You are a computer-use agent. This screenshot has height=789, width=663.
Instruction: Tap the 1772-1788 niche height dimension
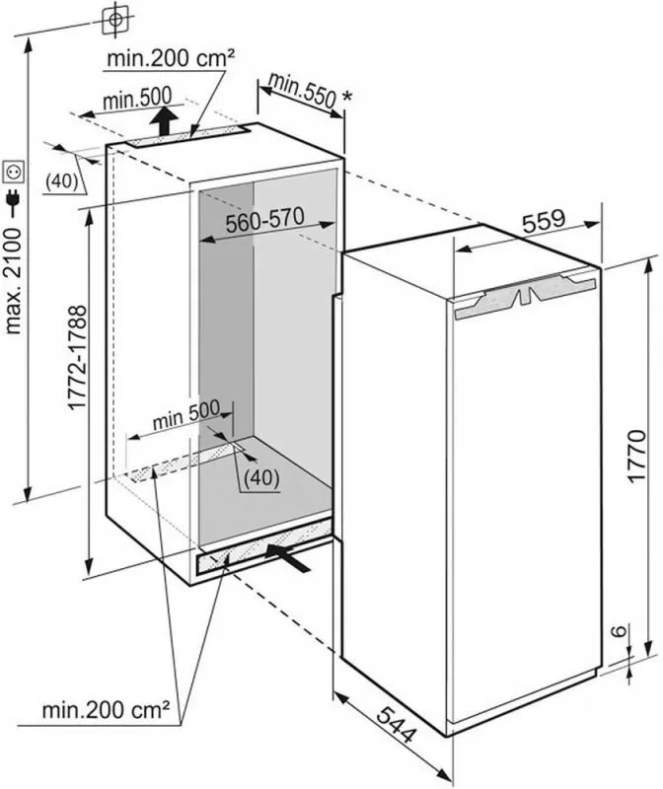(77, 358)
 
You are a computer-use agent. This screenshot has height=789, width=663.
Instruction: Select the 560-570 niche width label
(264, 220)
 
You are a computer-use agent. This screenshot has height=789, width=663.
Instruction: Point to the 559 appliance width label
(544, 221)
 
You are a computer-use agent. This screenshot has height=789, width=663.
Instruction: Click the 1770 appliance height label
(636, 456)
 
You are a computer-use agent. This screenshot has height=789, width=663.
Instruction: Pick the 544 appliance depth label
(398, 724)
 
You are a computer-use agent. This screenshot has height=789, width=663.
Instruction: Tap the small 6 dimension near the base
(620, 630)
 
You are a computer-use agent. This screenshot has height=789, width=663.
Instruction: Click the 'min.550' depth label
(302, 91)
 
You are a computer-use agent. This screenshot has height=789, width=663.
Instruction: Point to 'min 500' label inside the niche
(186, 414)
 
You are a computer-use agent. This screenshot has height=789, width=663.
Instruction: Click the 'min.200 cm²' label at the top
(171, 59)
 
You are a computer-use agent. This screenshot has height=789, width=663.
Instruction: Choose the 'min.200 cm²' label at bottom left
(106, 710)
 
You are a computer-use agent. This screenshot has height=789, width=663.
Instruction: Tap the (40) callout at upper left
(62, 181)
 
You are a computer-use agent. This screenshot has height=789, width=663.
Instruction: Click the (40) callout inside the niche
(260, 478)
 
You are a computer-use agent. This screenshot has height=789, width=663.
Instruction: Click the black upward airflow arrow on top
(163, 119)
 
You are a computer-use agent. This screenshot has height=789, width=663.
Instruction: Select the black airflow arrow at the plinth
(288, 557)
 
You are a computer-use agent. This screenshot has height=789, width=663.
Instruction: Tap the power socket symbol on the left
(14, 173)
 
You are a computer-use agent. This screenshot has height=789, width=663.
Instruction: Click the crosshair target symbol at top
(115, 20)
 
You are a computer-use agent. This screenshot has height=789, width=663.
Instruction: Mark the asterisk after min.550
(347, 96)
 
